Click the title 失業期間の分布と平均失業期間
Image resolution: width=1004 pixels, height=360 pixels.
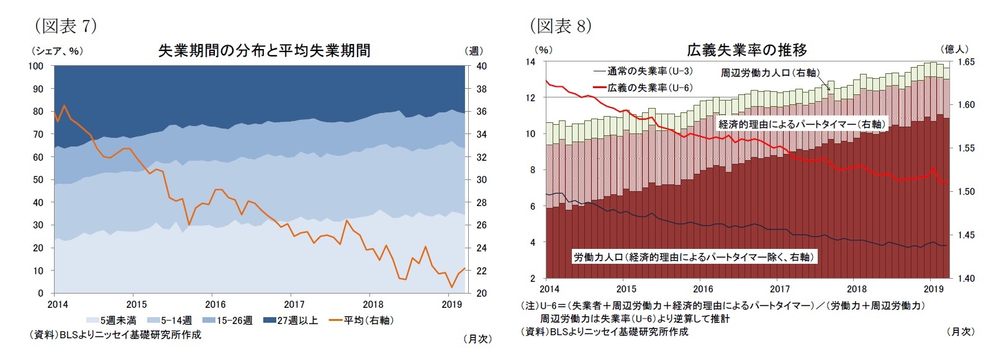264,50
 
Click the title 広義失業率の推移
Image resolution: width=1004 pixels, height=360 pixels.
746,50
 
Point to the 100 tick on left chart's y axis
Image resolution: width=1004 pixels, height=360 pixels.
36,66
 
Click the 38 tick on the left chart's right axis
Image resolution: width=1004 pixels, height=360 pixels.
481,89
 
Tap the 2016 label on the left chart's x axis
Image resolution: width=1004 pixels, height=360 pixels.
215,305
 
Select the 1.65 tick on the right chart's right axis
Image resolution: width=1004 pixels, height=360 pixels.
966,62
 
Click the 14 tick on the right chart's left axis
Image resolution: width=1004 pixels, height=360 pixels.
530,62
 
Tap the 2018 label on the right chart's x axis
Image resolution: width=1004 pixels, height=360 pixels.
857,289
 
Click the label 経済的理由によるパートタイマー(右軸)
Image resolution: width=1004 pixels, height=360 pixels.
802,124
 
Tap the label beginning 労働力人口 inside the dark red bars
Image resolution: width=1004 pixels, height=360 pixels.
694,257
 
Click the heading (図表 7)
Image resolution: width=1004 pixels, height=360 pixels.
65,26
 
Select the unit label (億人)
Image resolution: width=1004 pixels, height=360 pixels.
954,49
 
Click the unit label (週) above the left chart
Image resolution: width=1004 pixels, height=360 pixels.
474,51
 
